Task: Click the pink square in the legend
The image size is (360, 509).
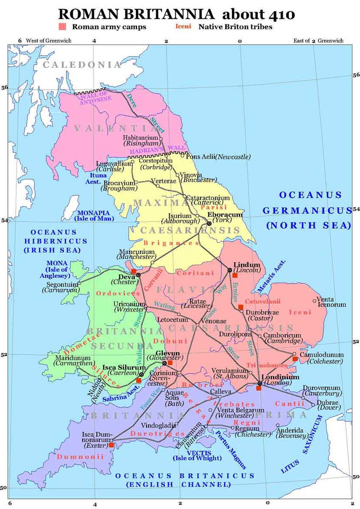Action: click(x=63, y=27)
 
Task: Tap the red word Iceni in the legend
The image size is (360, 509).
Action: click(x=183, y=27)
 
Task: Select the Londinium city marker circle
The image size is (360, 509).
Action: click(x=259, y=383)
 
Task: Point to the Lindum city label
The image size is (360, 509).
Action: click(x=247, y=265)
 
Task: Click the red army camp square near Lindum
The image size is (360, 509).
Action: click(x=235, y=275)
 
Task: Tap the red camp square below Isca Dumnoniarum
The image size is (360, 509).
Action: click(x=111, y=445)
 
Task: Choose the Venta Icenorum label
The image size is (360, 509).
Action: click(x=331, y=302)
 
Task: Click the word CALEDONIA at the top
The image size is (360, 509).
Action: click(x=82, y=65)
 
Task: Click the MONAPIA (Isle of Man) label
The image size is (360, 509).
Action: click(x=94, y=215)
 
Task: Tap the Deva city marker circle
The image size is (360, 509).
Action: click(x=138, y=275)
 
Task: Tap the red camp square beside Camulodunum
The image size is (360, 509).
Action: click(x=295, y=359)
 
